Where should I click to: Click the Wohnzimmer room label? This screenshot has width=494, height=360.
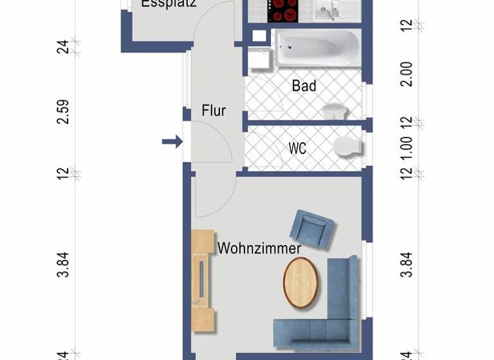[259, 248]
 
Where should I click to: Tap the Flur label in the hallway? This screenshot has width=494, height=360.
[214, 111]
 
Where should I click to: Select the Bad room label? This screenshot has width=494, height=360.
[304, 85]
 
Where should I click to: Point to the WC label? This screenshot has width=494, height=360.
[297, 148]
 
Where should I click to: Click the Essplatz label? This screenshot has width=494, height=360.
[169, 3]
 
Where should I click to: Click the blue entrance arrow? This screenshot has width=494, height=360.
[172, 141]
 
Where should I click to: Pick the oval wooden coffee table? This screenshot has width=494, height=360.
[300, 282]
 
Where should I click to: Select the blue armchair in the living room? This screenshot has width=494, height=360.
[311, 228]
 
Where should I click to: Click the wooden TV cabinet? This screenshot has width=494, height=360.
[203, 280]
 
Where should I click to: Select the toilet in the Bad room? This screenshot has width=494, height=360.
[334, 111]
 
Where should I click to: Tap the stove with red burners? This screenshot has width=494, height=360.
[283, 10]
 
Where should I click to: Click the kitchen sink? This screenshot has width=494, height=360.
[333, 9]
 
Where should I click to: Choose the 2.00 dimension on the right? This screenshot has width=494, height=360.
[406, 74]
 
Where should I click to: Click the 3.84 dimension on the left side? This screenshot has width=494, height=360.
[63, 264]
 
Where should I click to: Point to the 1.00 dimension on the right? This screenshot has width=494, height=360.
[406, 147]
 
